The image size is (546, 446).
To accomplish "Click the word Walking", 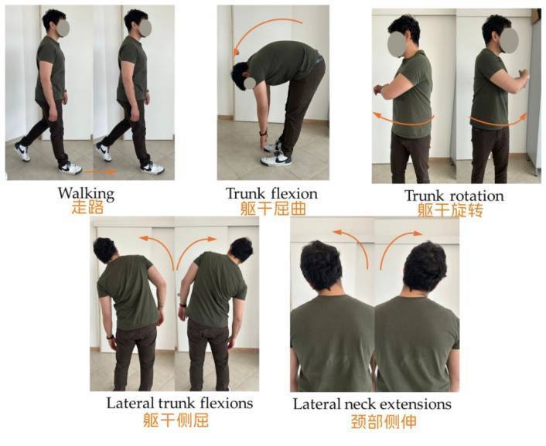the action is tap(86, 194).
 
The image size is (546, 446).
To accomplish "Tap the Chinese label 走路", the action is tap(87, 208).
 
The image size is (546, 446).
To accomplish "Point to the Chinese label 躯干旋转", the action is tap(450, 210).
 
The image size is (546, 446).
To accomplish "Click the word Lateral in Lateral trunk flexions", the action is tap(131, 403).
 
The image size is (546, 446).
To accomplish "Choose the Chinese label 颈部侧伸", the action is tap(383, 421).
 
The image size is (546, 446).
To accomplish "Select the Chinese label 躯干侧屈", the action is tap(176, 420).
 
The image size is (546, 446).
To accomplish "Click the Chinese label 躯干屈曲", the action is tap(273, 209).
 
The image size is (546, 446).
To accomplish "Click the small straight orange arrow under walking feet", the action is tap(101, 172).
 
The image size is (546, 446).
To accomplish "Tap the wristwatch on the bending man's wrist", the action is tap(262, 134).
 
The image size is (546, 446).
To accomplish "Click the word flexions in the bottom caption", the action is tap(226, 403).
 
